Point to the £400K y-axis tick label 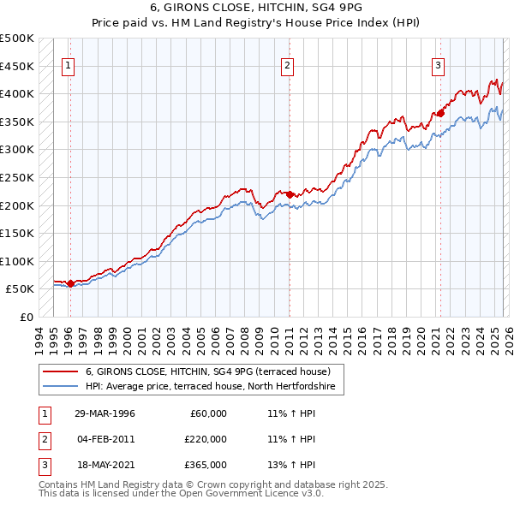[18, 94]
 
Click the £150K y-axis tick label [18, 234]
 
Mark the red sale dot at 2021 [440, 113]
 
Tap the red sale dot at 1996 [69, 283]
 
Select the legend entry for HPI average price [214, 387]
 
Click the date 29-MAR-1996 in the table [105, 413]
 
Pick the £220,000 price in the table [206, 439]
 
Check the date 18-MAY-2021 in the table [105, 465]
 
